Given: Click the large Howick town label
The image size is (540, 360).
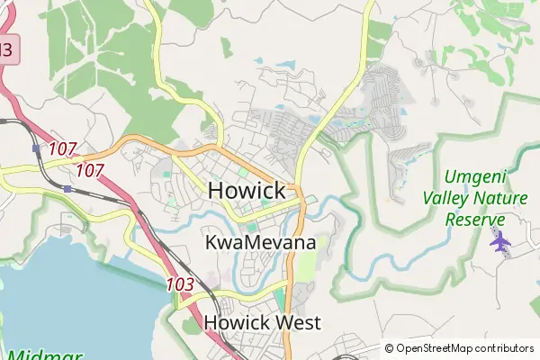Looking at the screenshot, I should (x=247, y=191).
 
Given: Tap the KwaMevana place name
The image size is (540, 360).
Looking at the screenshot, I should (x=260, y=243).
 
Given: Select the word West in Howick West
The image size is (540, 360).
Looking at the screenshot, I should (x=297, y=322).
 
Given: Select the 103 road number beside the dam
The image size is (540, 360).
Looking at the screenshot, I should (x=181, y=284).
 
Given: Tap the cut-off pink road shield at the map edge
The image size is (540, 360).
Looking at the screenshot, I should (x=6, y=49).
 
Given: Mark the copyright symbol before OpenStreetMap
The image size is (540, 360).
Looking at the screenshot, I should (x=390, y=348).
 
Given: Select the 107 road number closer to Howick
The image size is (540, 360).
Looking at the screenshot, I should (x=90, y=170).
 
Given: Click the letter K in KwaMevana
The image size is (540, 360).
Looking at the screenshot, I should (x=212, y=243).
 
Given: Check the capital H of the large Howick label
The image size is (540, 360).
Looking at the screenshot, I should (x=218, y=191).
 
